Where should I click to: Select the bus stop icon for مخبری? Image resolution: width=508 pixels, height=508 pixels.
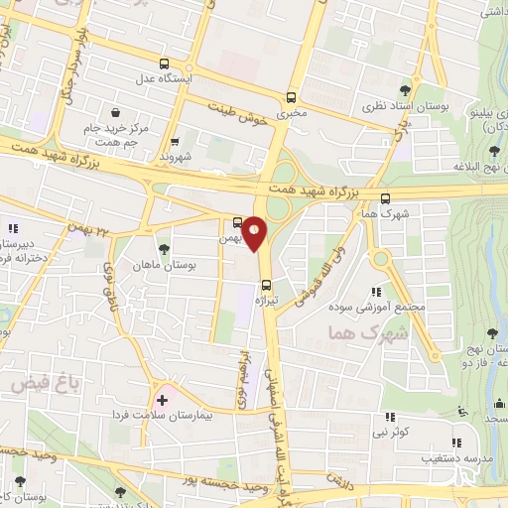[x=291, y=97]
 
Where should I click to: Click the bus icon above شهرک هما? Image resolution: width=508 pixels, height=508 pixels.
[x=385, y=197]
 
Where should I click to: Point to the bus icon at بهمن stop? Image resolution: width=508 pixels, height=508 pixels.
[x=237, y=222]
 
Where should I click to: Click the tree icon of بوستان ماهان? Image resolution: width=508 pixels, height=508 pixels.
[x=164, y=248]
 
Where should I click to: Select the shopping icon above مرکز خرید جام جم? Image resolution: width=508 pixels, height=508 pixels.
[x=117, y=111]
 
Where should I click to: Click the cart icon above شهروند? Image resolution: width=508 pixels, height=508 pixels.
[x=175, y=142]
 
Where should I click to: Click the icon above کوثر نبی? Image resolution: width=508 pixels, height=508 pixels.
[x=390, y=419]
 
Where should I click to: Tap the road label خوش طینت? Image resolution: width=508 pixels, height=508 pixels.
[x=237, y=112]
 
